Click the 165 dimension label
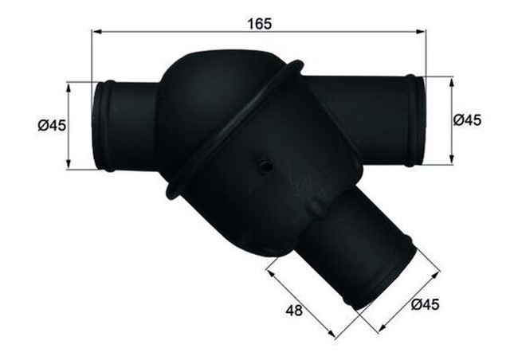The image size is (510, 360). pyautogui.click(x=259, y=24)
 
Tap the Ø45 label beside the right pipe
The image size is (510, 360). pyautogui.click(x=467, y=119)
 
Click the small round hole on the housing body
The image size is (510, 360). pyautogui.click(x=263, y=166)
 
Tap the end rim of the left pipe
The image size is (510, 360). pyautogui.click(x=104, y=125)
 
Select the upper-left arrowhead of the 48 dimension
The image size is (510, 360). pyautogui.click(x=269, y=272)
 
